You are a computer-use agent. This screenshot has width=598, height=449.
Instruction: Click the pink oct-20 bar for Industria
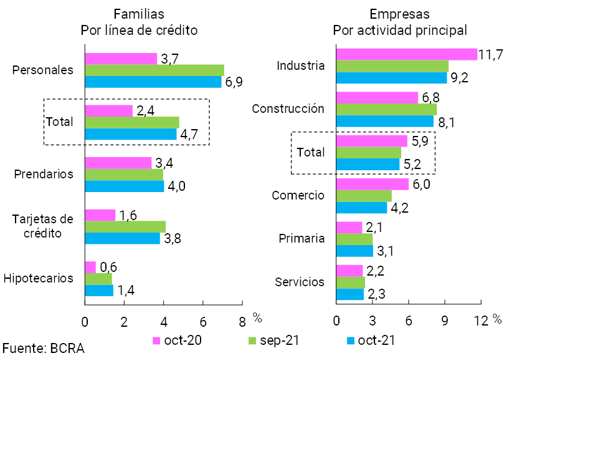[x=406, y=54]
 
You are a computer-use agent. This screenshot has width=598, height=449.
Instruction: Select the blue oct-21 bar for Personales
[x=153, y=82]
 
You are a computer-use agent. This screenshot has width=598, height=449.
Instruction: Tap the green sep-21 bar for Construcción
[x=386, y=109]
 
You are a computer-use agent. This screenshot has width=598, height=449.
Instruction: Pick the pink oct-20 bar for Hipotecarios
[x=90, y=267]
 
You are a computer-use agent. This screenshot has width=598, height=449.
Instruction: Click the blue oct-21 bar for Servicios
[x=349, y=294]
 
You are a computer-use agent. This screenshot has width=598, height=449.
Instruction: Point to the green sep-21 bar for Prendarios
[x=123, y=175]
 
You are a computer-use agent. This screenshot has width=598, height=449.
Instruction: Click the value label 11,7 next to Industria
[x=491, y=54]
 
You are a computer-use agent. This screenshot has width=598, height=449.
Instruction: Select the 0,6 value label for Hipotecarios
[x=108, y=268]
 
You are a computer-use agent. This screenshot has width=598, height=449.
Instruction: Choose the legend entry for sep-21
[x=273, y=341]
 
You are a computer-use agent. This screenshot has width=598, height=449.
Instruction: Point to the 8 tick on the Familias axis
[x=242, y=322]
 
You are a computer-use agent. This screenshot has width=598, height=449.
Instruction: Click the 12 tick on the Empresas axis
[x=481, y=321]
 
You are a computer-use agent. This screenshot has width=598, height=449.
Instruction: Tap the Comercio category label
[x=298, y=195]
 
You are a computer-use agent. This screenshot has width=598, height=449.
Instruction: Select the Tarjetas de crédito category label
[x=43, y=226]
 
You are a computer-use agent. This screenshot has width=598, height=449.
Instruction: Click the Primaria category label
[x=302, y=238]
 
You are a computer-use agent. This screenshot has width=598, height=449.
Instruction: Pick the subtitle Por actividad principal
[x=400, y=30]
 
